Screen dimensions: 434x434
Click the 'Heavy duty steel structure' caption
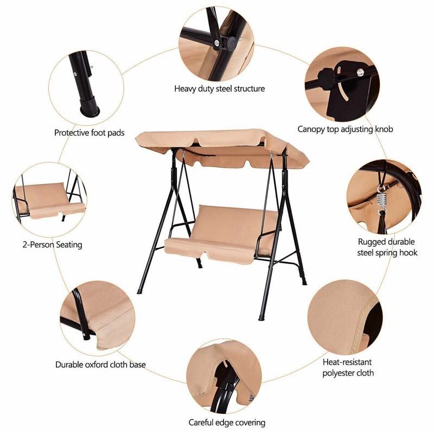click(219, 88)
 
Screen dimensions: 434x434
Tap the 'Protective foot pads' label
click(89, 132)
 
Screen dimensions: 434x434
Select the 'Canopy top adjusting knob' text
click(345, 129)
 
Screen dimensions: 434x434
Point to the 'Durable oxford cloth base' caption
click(100, 365)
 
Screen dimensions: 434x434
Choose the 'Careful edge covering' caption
click(227, 422)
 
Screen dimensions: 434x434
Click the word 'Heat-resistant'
click(348, 361)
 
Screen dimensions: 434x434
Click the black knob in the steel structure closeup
click(230, 43)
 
